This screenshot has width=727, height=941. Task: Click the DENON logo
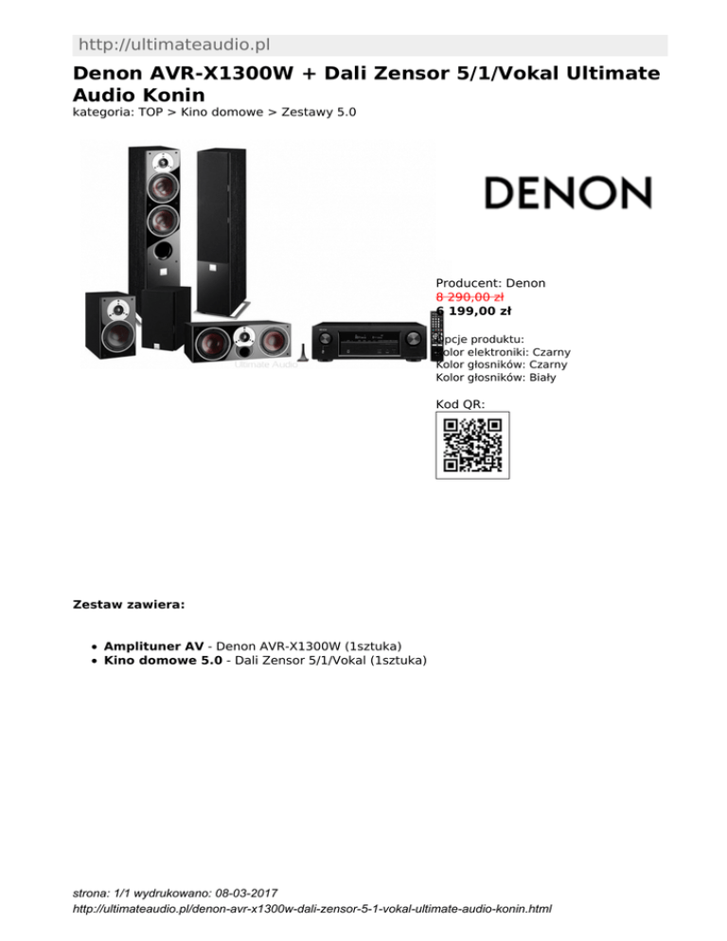(x=568, y=193)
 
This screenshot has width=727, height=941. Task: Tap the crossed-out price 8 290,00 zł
(x=469, y=296)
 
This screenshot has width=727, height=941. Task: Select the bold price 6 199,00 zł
(x=473, y=311)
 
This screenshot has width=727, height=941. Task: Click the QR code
(x=472, y=445)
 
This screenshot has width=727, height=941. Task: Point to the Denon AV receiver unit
(x=368, y=340)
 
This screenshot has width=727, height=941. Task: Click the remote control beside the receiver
(x=436, y=331)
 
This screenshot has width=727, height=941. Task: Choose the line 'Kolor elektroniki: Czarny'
(x=503, y=352)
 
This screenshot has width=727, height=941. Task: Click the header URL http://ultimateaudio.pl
(x=176, y=44)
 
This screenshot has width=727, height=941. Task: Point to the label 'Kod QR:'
(x=460, y=404)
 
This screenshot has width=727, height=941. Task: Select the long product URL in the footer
(x=312, y=909)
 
